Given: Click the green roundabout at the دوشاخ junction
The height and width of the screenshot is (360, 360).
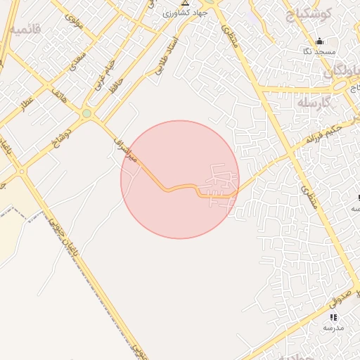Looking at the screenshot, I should [x=86, y=113].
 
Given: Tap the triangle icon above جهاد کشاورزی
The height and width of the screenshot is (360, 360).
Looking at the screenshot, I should [x=185, y=3].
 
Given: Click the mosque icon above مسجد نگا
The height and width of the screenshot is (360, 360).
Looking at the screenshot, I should [x=320, y=41].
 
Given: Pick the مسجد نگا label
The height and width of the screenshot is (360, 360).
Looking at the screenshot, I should [x=325, y=52].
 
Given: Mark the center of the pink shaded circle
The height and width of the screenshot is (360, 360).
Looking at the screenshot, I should [x=180, y=179].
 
